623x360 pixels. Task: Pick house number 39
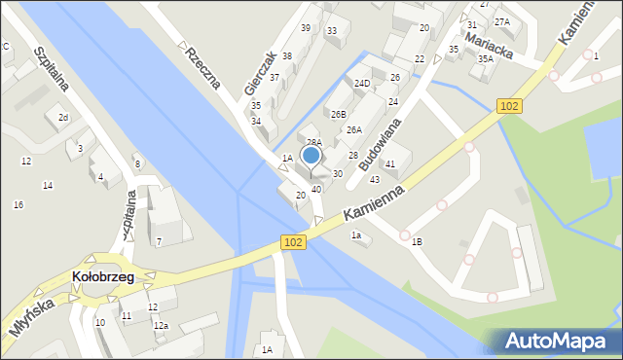(x=306, y=27)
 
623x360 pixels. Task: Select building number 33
(x=332, y=31)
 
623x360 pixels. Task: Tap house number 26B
(x=338, y=115)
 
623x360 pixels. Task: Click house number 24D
(x=362, y=84)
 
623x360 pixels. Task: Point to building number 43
(x=375, y=179)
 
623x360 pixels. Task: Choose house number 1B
(x=418, y=241)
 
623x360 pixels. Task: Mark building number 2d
(x=62, y=118)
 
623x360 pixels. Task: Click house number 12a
(x=162, y=325)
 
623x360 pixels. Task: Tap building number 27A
(x=501, y=21)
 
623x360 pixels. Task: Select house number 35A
(x=485, y=59)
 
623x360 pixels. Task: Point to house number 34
(x=256, y=122)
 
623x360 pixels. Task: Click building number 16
(x=18, y=204)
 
